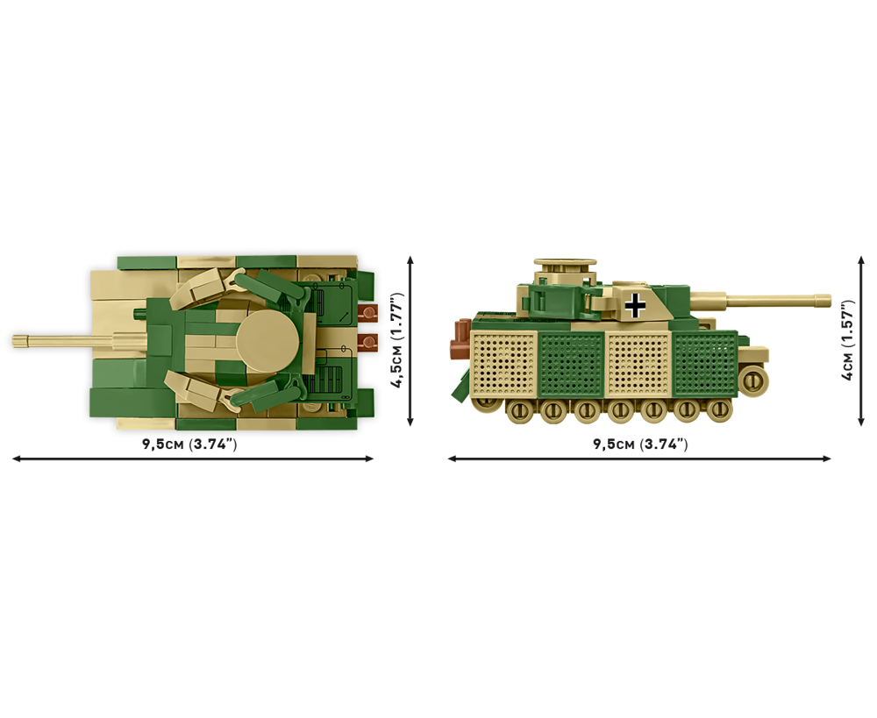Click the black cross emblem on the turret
(x=635, y=305)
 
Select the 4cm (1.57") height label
(x=848, y=340)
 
